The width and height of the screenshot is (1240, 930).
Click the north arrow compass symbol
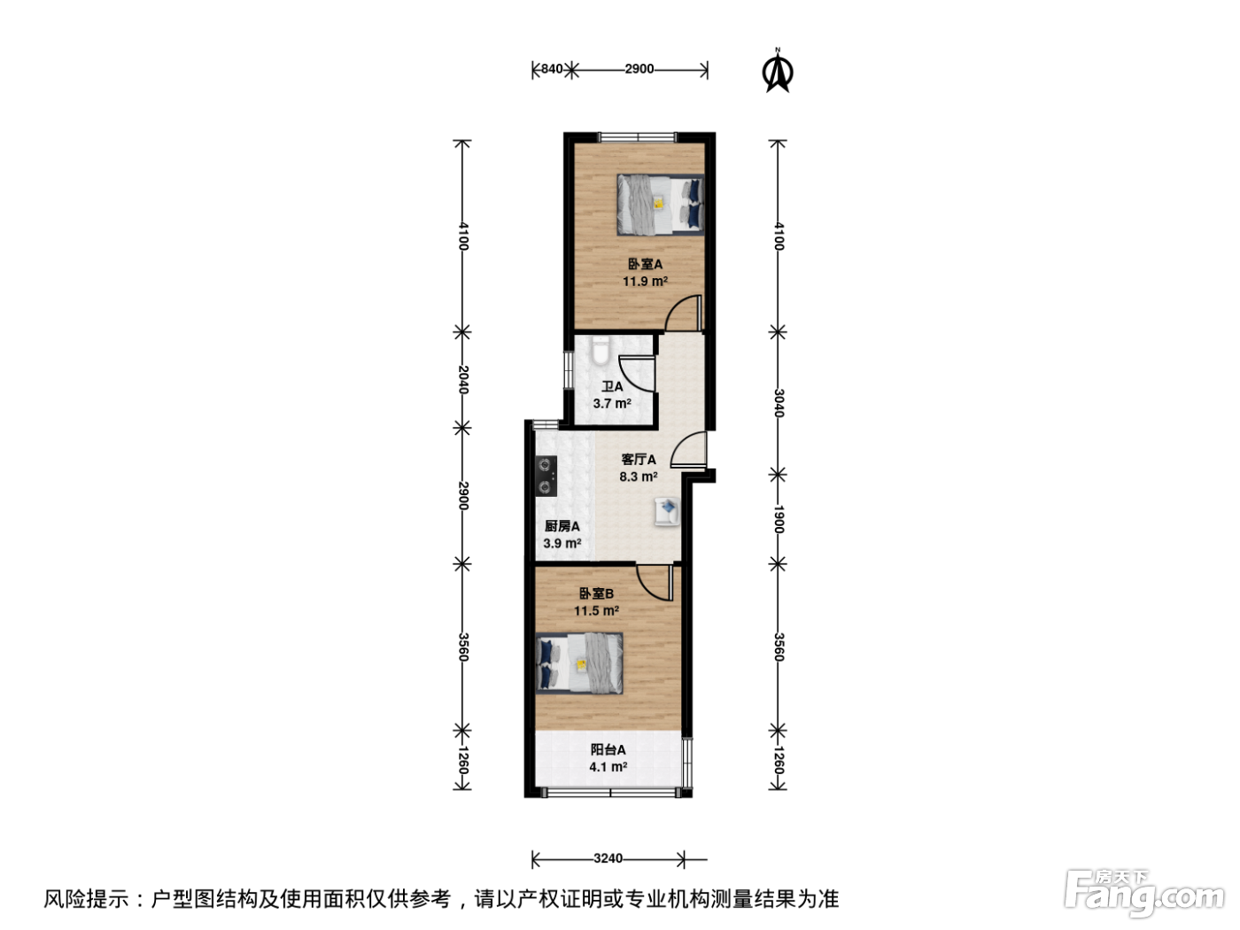778,71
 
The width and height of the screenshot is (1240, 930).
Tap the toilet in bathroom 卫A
599,350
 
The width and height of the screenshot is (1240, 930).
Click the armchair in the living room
667,512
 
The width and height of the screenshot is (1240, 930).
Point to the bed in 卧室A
661,205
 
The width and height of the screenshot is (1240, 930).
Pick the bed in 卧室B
579,663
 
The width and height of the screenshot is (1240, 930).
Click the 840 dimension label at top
552,69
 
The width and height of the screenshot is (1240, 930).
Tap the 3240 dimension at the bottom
608,859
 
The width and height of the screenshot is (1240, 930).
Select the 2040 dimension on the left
462,379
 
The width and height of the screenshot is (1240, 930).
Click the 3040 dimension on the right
779,403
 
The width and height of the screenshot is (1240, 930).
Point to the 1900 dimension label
779,519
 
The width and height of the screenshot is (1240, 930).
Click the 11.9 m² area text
645,281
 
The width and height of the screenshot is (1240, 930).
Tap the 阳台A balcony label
608,749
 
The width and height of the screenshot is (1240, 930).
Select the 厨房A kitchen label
562,526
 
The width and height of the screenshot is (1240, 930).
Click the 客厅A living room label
639,460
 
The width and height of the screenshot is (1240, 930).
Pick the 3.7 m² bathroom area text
612,404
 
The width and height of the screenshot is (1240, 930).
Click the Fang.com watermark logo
1143,893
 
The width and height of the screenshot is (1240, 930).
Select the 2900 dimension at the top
639,69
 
